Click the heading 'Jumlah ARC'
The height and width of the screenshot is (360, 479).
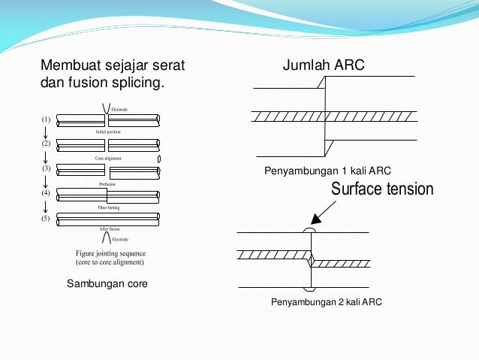(x=323, y=65)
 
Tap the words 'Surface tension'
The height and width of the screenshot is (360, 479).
(x=382, y=189)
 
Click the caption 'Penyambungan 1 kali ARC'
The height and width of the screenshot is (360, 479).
(x=328, y=171)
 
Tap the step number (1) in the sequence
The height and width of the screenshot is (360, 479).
(x=46, y=119)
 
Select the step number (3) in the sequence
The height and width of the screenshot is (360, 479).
(x=46, y=169)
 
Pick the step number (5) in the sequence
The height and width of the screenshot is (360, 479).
(x=46, y=219)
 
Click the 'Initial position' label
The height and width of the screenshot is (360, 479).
(x=107, y=132)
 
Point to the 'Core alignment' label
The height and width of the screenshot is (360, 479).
(x=108, y=159)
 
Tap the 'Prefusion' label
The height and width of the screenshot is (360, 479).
(x=107, y=183)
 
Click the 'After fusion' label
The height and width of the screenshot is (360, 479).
(x=110, y=228)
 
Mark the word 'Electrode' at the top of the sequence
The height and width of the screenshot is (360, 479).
(x=119, y=110)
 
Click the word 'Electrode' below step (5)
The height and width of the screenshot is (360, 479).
(x=120, y=240)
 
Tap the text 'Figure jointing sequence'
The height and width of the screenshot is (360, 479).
(x=110, y=253)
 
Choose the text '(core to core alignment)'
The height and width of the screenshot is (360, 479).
(x=110, y=263)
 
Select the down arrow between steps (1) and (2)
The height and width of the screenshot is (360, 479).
(x=46, y=132)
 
